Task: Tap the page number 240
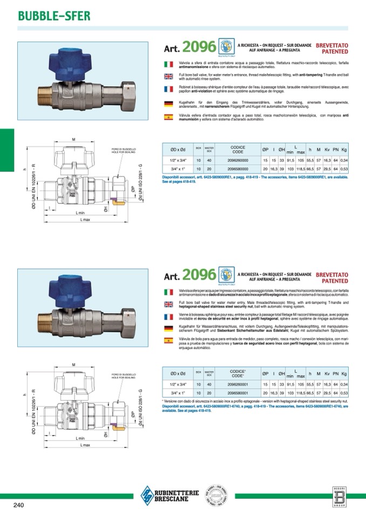(18, 505)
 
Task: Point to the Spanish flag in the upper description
(168, 116)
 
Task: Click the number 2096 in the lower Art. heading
(199, 275)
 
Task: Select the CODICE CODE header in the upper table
(238, 149)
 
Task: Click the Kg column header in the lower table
(344, 374)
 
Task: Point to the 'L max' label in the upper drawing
(84, 220)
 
